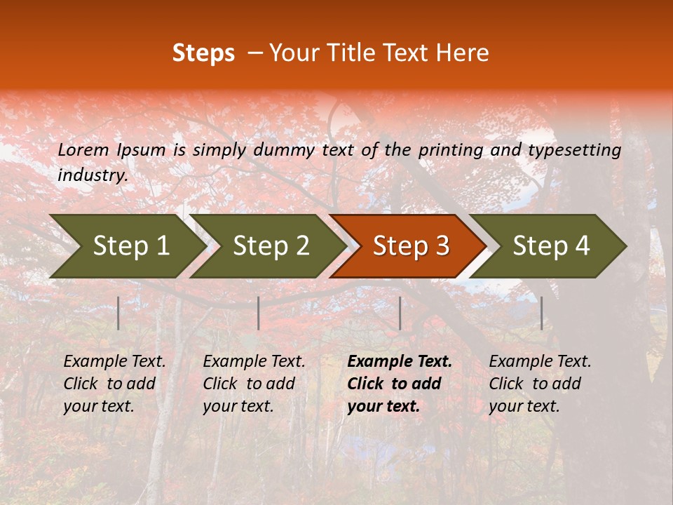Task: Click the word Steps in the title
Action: tap(203, 53)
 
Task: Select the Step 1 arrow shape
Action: tap(130, 245)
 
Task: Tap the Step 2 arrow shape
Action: tap(271, 245)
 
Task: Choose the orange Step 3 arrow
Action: tap(411, 245)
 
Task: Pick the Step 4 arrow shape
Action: tap(551, 245)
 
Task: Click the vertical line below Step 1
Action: tap(118, 313)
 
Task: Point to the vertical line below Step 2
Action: tap(259, 313)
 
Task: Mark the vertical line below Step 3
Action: tap(400, 313)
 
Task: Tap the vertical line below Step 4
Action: tap(541, 313)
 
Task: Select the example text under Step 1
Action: tap(114, 384)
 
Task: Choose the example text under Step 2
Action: tap(254, 384)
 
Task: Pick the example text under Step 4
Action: tap(540, 384)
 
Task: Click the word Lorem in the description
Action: tap(83, 149)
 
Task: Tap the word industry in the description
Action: tap(93, 175)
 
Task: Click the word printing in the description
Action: tap(448, 150)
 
